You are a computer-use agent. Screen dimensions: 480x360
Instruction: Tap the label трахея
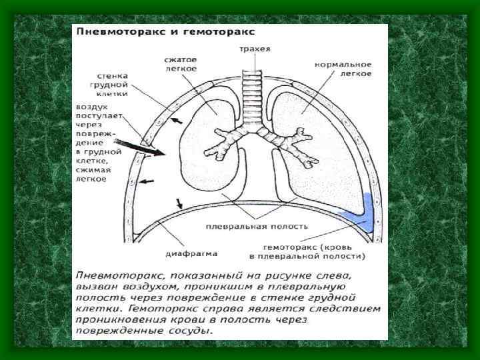(250, 49)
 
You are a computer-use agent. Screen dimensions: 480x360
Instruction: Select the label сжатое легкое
(180, 64)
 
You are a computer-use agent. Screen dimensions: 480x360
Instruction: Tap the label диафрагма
(188, 253)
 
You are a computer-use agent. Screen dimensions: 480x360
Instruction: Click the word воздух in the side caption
(91, 107)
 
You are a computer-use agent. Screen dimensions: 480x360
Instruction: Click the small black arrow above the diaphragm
(179, 203)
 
